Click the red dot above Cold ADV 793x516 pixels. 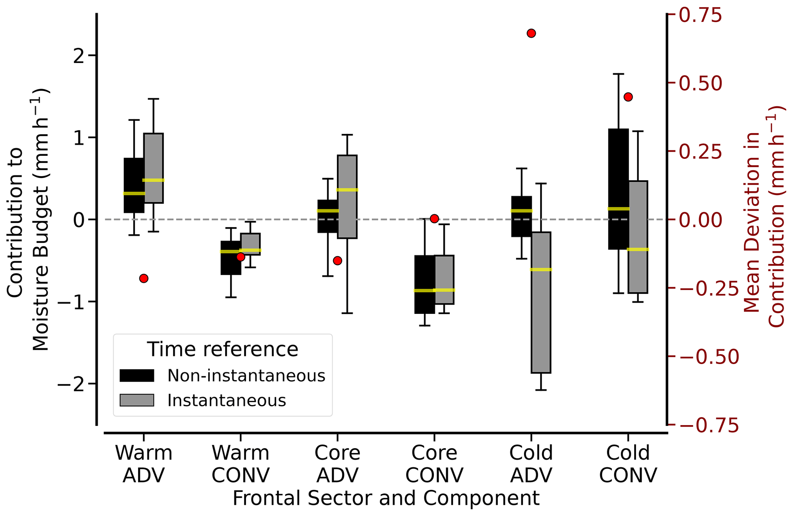[x=531, y=33]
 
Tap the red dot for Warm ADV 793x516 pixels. [x=144, y=278]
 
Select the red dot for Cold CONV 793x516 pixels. [x=628, y=97]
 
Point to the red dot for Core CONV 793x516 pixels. [x=434, y=219]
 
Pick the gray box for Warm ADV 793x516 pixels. [x=153, y=153]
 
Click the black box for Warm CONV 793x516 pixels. [x=231, y=265]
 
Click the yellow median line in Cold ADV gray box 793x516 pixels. [x=541, y=269]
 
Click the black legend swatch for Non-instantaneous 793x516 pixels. [x=137, y=376]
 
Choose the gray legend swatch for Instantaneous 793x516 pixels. [x=137, y=400]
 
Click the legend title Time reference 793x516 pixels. [x=223, y=349]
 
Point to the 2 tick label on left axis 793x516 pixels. [x=79, y=56]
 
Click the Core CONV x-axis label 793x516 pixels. [x=434, y=464]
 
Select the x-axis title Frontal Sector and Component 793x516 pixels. [x=386, y=498]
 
